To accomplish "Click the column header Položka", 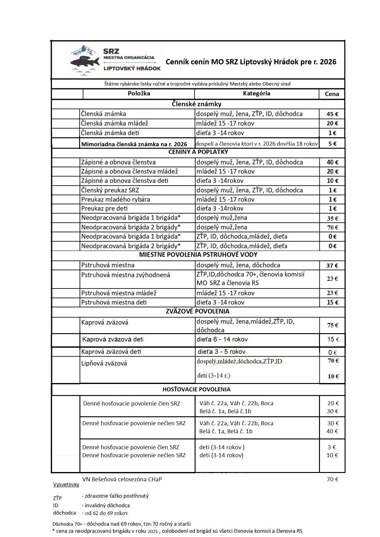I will (139, 93).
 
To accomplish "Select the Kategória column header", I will (256, 93).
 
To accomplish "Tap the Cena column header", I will (332, 94).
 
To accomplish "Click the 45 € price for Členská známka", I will (332, 114).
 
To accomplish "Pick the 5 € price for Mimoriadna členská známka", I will (332, 143).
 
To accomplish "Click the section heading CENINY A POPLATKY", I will (198, 152).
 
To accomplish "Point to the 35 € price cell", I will (332, 218).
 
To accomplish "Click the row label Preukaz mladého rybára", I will (115, 199).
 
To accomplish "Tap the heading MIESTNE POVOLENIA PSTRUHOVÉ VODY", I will (198, 255).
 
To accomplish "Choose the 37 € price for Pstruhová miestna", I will (332, 265).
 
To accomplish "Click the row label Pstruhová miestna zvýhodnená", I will (126, 275).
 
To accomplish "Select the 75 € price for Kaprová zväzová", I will (332, 325).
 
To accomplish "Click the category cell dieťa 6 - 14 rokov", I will (222, 339).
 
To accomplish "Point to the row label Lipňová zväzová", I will (104, 363).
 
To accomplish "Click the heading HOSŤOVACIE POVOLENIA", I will (196, 389).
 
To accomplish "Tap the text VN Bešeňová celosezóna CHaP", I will (122, 479).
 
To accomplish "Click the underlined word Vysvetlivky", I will (66, 484).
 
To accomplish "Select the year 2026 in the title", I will (328, 62).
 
